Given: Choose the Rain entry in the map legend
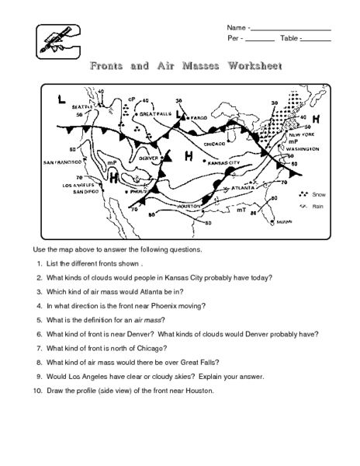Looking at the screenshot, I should click(x=317, y=206).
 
